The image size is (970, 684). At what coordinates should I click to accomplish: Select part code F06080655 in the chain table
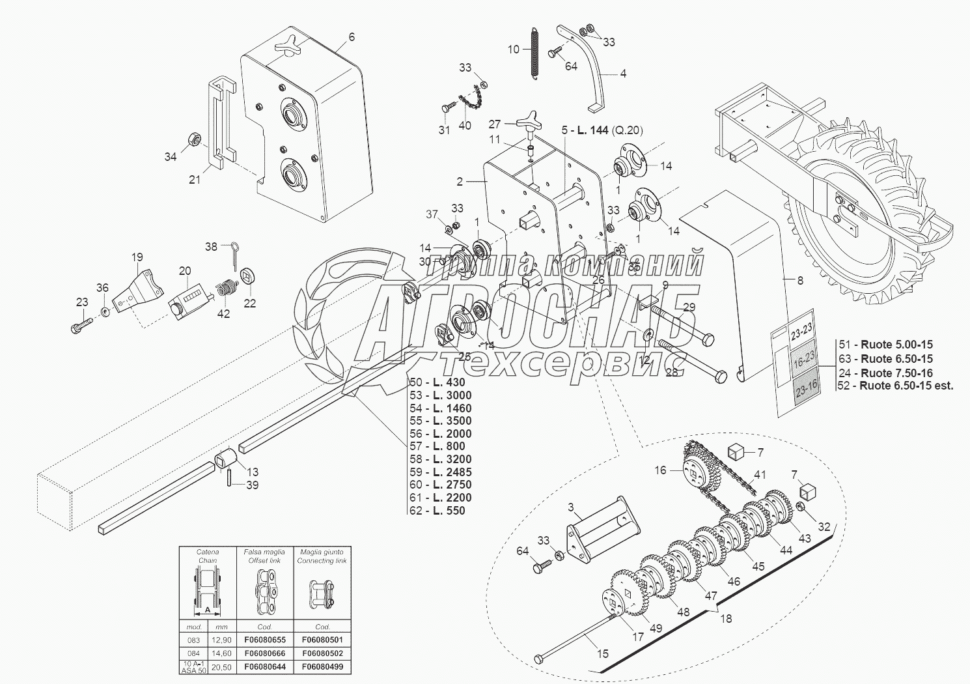265,640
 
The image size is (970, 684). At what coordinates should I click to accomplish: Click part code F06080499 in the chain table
322,666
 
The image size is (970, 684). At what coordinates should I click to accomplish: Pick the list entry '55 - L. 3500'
440,421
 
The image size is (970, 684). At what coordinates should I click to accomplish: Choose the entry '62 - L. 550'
437,510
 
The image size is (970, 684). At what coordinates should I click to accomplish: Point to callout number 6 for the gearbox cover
352,37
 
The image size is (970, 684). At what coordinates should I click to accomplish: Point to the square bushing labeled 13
226,460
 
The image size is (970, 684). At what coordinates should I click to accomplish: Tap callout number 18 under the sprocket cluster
726,618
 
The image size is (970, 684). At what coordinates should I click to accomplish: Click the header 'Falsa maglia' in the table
264,552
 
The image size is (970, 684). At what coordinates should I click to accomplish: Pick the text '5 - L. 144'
585,130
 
